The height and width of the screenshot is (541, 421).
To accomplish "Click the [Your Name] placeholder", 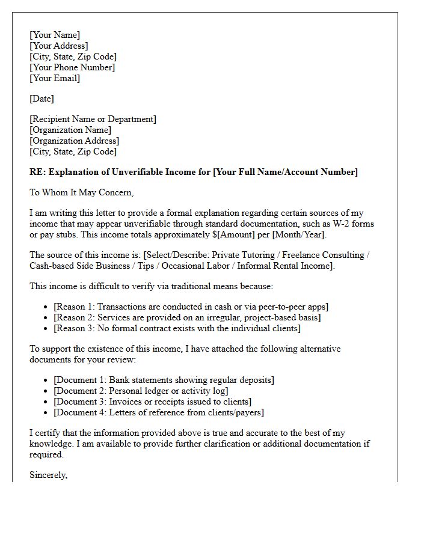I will click(x=55, y=35).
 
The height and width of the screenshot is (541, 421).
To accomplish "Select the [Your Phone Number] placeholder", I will click(x=72, y=67).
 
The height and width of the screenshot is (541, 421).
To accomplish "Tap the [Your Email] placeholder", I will click(x=55, y=78).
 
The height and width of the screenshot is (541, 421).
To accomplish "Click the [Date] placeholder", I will click(x=41, y=99).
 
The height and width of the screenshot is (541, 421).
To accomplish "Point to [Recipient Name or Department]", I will click(x=93, y=119).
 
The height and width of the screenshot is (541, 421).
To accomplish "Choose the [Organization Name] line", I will click(x=70, y=130).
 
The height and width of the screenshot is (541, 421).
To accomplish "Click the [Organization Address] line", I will click(x=74, y=141).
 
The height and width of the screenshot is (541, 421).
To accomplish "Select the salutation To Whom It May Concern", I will click(x=82, y=192).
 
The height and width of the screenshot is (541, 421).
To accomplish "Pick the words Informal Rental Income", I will click(x=281, y=266).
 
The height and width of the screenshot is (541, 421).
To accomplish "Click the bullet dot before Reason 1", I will click(x=46, y=307).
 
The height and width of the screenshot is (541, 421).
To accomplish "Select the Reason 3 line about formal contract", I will click(x=177, y=328).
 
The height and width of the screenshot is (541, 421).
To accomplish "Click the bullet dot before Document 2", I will click(x=46, y=391).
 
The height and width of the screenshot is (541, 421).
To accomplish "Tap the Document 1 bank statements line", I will click(x=164, y=380).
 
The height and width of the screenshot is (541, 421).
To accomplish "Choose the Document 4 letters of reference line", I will click(x=159, y=412).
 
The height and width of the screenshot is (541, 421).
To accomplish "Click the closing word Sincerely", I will click(x=49, y=475).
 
